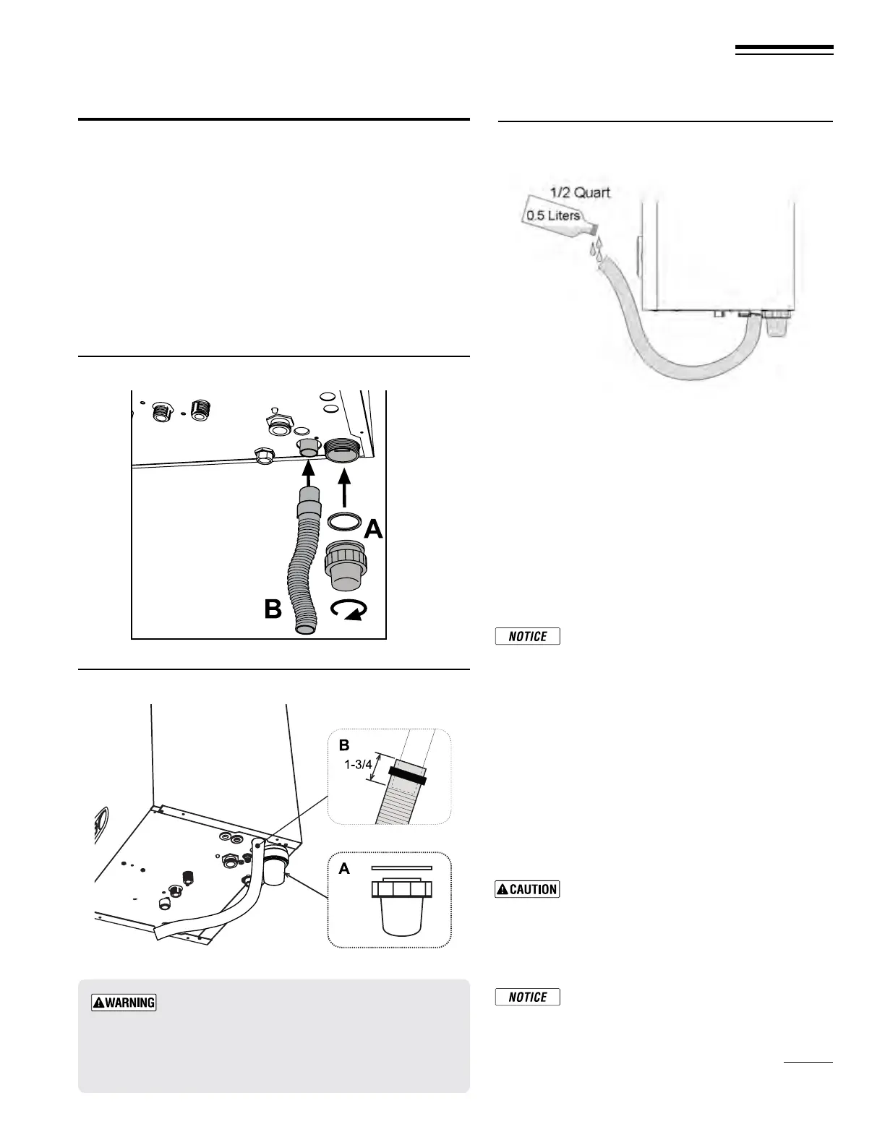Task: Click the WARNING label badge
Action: click(124, 1003)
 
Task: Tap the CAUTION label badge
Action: click(527, 889)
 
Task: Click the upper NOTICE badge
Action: click(528, 636)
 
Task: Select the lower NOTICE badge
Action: click(528, 997)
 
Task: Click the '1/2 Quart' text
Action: click(580, 192)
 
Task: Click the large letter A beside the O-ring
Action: click(372, 530)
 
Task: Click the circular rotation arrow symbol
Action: click(348, 611)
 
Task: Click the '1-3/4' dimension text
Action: click(357, 765)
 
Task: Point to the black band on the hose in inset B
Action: click(407, 776)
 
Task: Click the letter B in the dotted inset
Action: click(345, 744)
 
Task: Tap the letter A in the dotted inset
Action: click(344, 868)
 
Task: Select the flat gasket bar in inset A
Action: click(401, 867)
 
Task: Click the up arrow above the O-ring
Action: click(344, 489)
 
